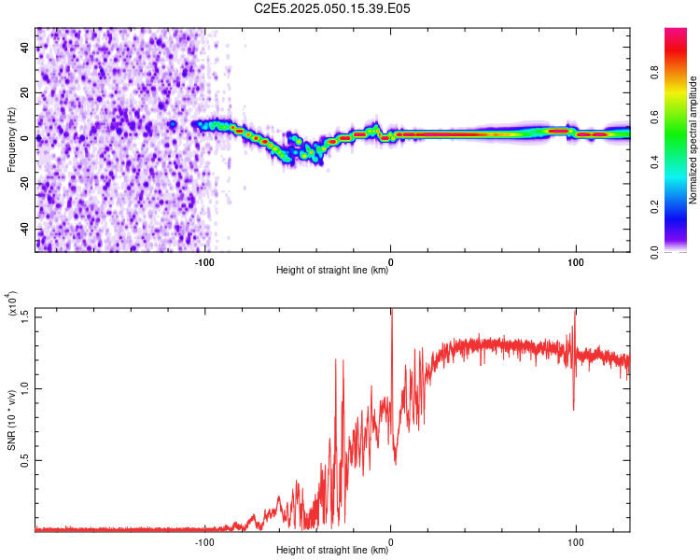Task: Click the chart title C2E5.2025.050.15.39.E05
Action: point(333,8)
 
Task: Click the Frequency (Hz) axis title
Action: point(11,140)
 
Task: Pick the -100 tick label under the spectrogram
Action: point(205,262)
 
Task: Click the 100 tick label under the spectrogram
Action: point(576,262)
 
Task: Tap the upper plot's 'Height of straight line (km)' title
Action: point(332,271)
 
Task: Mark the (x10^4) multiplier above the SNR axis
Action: point(13,306)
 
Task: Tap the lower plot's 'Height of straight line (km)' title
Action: point(332,550)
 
